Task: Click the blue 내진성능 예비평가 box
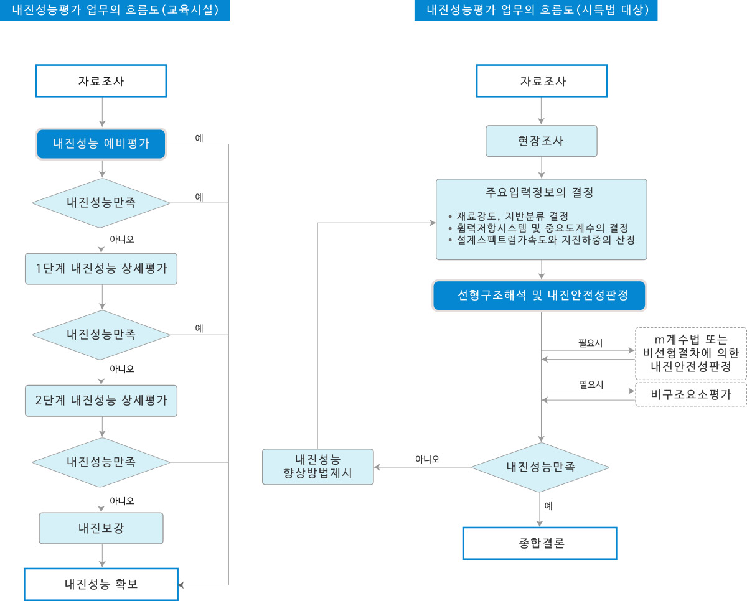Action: [101, 144]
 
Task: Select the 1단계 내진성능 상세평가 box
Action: [101, 269]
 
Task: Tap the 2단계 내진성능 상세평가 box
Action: [101, 401]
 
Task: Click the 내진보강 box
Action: [101, 528]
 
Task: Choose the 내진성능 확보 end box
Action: [101, 584]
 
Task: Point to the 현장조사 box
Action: [541, 141]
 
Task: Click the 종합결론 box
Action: [540, 543]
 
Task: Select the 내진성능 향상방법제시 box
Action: [318, 467]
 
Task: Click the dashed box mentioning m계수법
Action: [691, 353]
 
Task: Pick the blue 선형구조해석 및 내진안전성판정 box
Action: [540, 296]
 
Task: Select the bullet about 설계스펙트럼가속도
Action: [545, 240]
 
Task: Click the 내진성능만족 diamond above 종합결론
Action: [540, 467]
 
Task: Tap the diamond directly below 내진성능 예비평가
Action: [101, 203]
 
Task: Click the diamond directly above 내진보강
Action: [101, 462]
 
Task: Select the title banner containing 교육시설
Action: [115, 10]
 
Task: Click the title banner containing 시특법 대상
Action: [535, 10]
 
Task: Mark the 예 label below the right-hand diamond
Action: [548, 506]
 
